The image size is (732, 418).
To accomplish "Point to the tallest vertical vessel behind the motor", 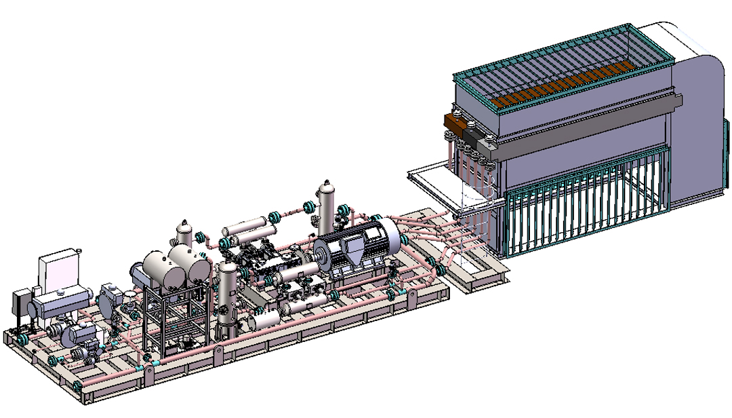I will pos(327,204).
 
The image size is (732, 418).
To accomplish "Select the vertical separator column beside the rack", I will pos(227,299).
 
